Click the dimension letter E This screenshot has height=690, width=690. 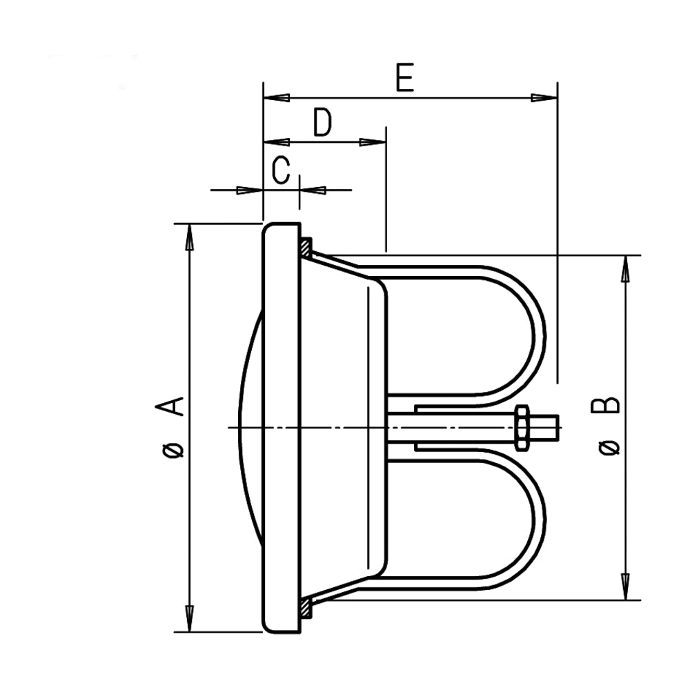pyautogui.click(x=405, y=77)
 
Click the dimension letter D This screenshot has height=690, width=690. pyautogui.click(x=322, y=122)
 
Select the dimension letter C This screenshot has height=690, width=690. pyautogui.click(x=281, y=170)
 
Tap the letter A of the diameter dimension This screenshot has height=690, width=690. pyautogui.click(x=170, y=406)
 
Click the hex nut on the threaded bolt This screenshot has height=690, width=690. pyautogui.click(x=522, y=427)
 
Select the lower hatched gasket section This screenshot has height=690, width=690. pyautogui.click(x=306, y=607)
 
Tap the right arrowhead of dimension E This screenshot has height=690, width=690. pyautogui.click(x=544, y=98)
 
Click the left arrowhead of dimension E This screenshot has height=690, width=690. pyautogui.click(x=277, y=98)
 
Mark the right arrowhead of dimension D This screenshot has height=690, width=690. pyautogui.click(x=373, y=142)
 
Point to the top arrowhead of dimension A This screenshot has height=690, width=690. pyautogui.click(x=190, y=237)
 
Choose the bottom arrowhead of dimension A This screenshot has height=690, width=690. pyautogui.click(x=190, y=619)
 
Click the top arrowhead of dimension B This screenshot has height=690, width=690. pyautogui.click(x=625, y=268)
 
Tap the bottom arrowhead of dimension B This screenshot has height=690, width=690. pyautogui.click(x=625, y=586)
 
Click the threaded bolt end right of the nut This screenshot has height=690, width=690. pyautogui.click(x=544, y=427)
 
